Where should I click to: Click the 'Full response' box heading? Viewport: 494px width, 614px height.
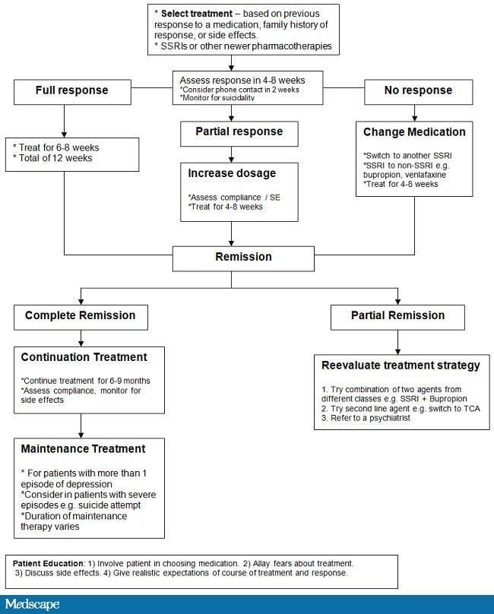tap(71, 90)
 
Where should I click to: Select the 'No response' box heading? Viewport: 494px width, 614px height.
tap(418, 90)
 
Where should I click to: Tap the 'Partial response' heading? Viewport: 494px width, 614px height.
tap(239, 131)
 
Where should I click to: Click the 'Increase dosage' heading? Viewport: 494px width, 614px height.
tap(232, 173)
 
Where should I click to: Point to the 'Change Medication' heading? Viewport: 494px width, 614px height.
tap(414, 132)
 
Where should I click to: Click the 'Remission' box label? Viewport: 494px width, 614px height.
tap(243, 257)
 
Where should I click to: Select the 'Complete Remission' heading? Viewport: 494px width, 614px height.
tap(80, 315)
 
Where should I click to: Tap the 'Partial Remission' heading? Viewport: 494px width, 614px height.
tap(397, 315)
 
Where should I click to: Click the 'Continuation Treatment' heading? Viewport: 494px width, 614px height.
tap(84, 357)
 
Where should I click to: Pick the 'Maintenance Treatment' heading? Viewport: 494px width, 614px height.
tap(83, 449)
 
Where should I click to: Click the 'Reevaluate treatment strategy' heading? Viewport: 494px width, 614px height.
tap(401, 366)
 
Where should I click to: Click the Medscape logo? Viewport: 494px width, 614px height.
tap(32, 604)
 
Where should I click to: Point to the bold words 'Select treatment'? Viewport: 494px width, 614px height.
tap(197, 14)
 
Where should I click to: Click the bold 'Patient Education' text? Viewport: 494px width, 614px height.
tap(48, 564)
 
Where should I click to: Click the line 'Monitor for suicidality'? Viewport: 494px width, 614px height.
tap(217, 98)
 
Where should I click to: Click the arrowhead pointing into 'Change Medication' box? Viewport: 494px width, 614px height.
tap(414, 119)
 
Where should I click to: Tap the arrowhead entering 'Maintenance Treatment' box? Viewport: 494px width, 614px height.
tap(81, 435)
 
